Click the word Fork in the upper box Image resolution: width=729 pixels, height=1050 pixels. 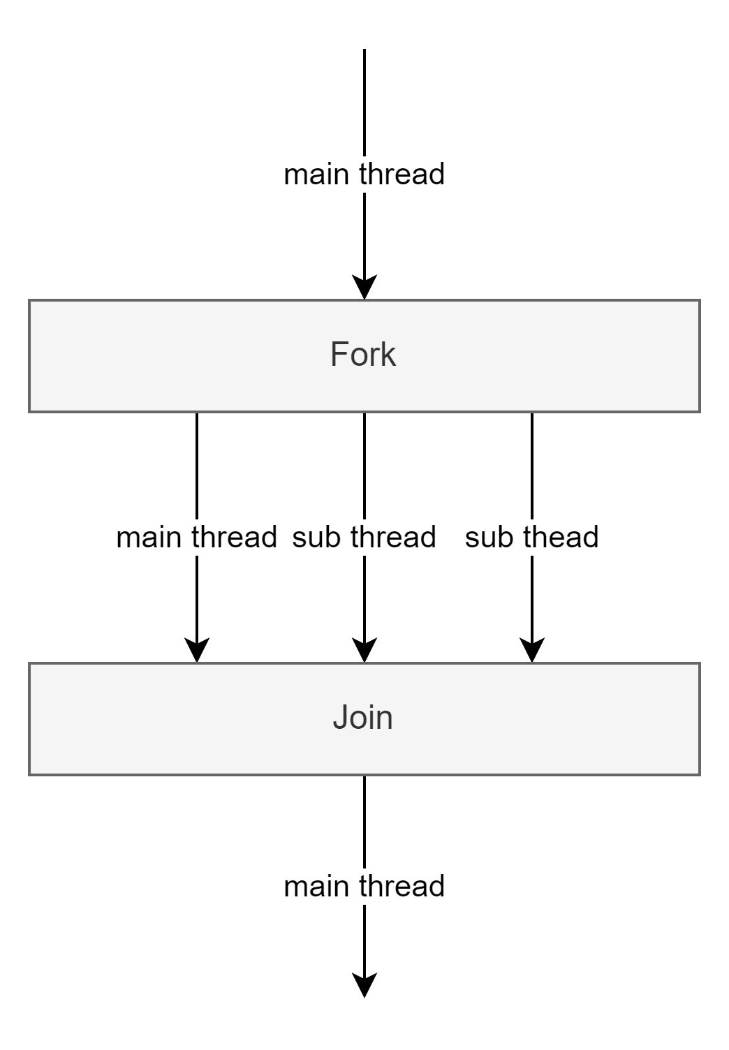363,355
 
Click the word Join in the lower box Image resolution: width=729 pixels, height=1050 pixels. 363,717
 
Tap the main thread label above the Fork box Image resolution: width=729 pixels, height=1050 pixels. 364,175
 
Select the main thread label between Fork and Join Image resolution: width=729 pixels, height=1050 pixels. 196,537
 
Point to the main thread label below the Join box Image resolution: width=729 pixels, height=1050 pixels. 364,887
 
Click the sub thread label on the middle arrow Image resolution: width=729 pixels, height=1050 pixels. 364,537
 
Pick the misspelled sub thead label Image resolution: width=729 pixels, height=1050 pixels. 531,537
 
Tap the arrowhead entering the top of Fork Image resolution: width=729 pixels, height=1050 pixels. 364,287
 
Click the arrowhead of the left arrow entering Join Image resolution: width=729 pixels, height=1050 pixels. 197,650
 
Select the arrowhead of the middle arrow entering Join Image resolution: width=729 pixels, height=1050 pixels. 364,650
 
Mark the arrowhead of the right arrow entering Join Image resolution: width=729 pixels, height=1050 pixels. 532,650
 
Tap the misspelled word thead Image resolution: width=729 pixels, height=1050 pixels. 561,537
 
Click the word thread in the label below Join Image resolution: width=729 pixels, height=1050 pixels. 402,887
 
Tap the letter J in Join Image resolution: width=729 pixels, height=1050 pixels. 340,718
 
